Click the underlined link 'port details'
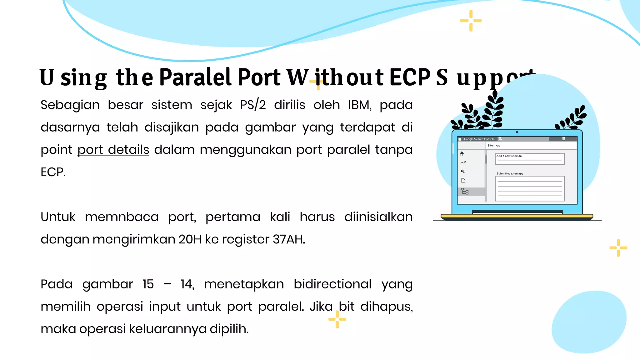click(x=113, y=150)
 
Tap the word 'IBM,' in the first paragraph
click(x=360, y=105)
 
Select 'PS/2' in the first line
click(x=253, y=105)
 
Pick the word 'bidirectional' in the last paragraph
click(x=332, y=284)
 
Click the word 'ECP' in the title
click(x=410, y=77)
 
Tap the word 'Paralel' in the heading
click(x=195, y=77)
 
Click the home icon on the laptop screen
click(x=462, y=153)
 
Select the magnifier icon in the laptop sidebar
click(x=463, y=171)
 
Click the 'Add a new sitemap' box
click(x=530, y=159)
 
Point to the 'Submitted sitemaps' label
click(x=510, y=173)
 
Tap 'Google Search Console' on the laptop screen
click(x=479, y=139)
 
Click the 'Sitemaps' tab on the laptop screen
click(x=493, y=146)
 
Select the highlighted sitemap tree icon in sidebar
click(x=465, y=192)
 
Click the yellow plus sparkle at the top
click(x=471, y=21)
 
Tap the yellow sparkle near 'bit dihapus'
click(x=337, y=319)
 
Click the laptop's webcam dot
click(x=517, y=132)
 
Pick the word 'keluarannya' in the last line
click(x=168, y=329)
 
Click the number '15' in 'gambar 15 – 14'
click(x=148, y=284)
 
